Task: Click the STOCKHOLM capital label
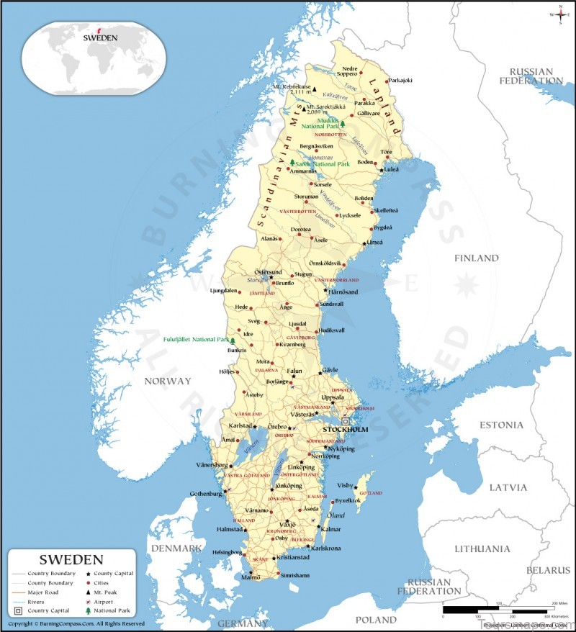coord(345,430)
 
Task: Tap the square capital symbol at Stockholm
coord(346,421)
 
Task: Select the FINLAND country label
coord(476,258)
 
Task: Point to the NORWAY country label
coord(167,381)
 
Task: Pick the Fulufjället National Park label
coord(196,339)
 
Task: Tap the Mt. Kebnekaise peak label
coord(292,86)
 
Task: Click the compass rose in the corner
coord(559,14)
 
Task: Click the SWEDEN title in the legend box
coord(71,559)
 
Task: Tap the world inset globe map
coord(94,58)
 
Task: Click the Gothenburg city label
coord(205,494)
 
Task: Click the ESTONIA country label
coord(501,425)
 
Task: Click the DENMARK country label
coord(176,549)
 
